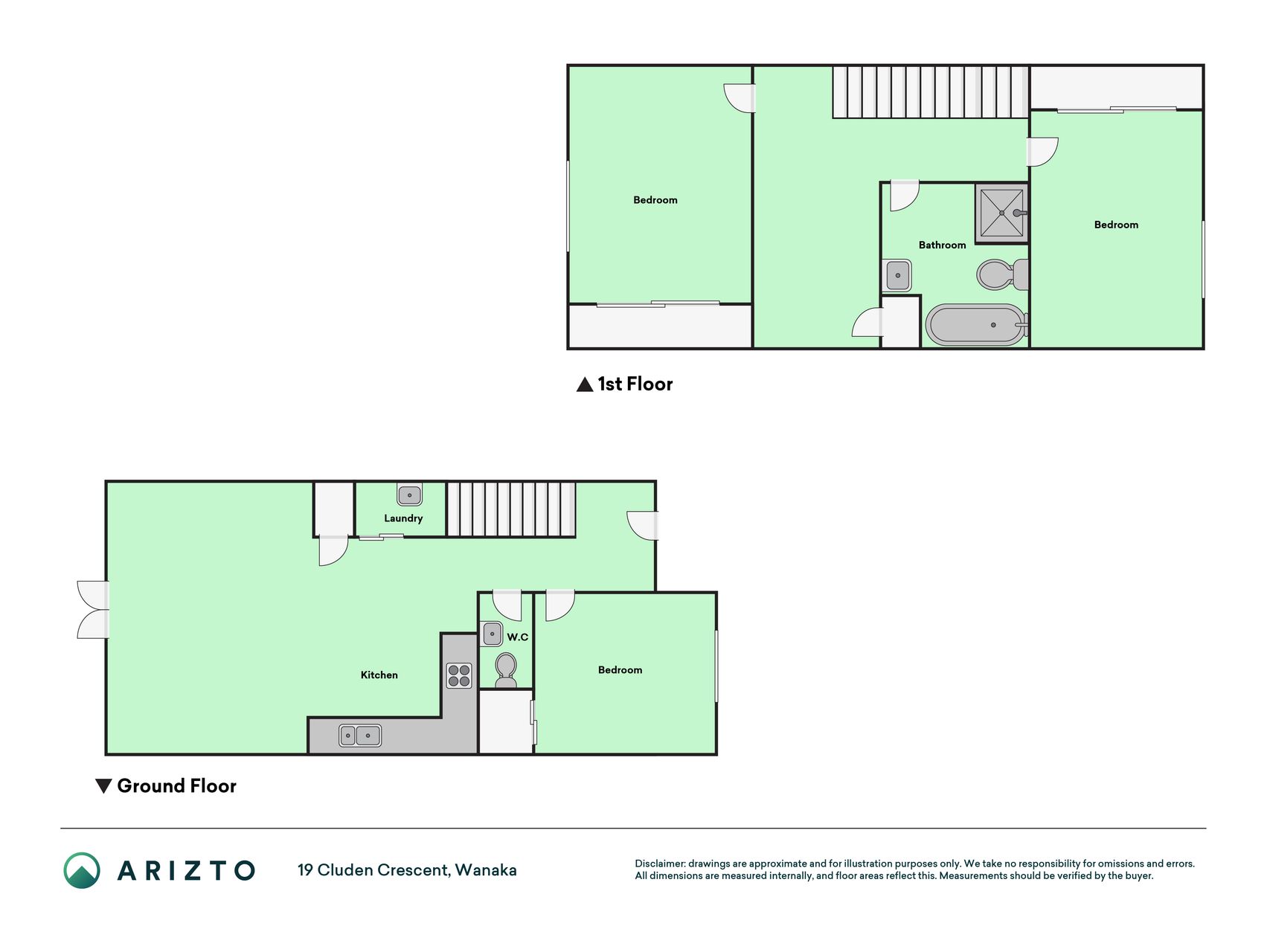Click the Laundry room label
click(403, 518)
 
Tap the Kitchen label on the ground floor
click(379, 675)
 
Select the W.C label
click(518, 637)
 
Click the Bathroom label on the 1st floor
click(942, 245)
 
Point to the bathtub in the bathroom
click(975, 324)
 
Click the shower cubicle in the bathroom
click(1002, 213)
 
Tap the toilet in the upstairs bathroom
click(1003, 274)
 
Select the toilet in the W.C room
click(506, 670)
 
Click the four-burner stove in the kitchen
click(459, 675)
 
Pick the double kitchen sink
click(360, 736)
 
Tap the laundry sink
click(409, 495)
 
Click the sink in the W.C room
click(492, 634)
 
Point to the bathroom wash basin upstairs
click(897, 275)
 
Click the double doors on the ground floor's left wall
click(94, 610)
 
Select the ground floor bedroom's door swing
click(559, 605)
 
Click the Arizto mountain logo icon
click(82, 870)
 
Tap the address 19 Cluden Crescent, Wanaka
click(407, 870)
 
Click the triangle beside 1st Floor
click(585, 385)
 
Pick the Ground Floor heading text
click(176, 786)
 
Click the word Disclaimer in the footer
click(659, 863)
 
